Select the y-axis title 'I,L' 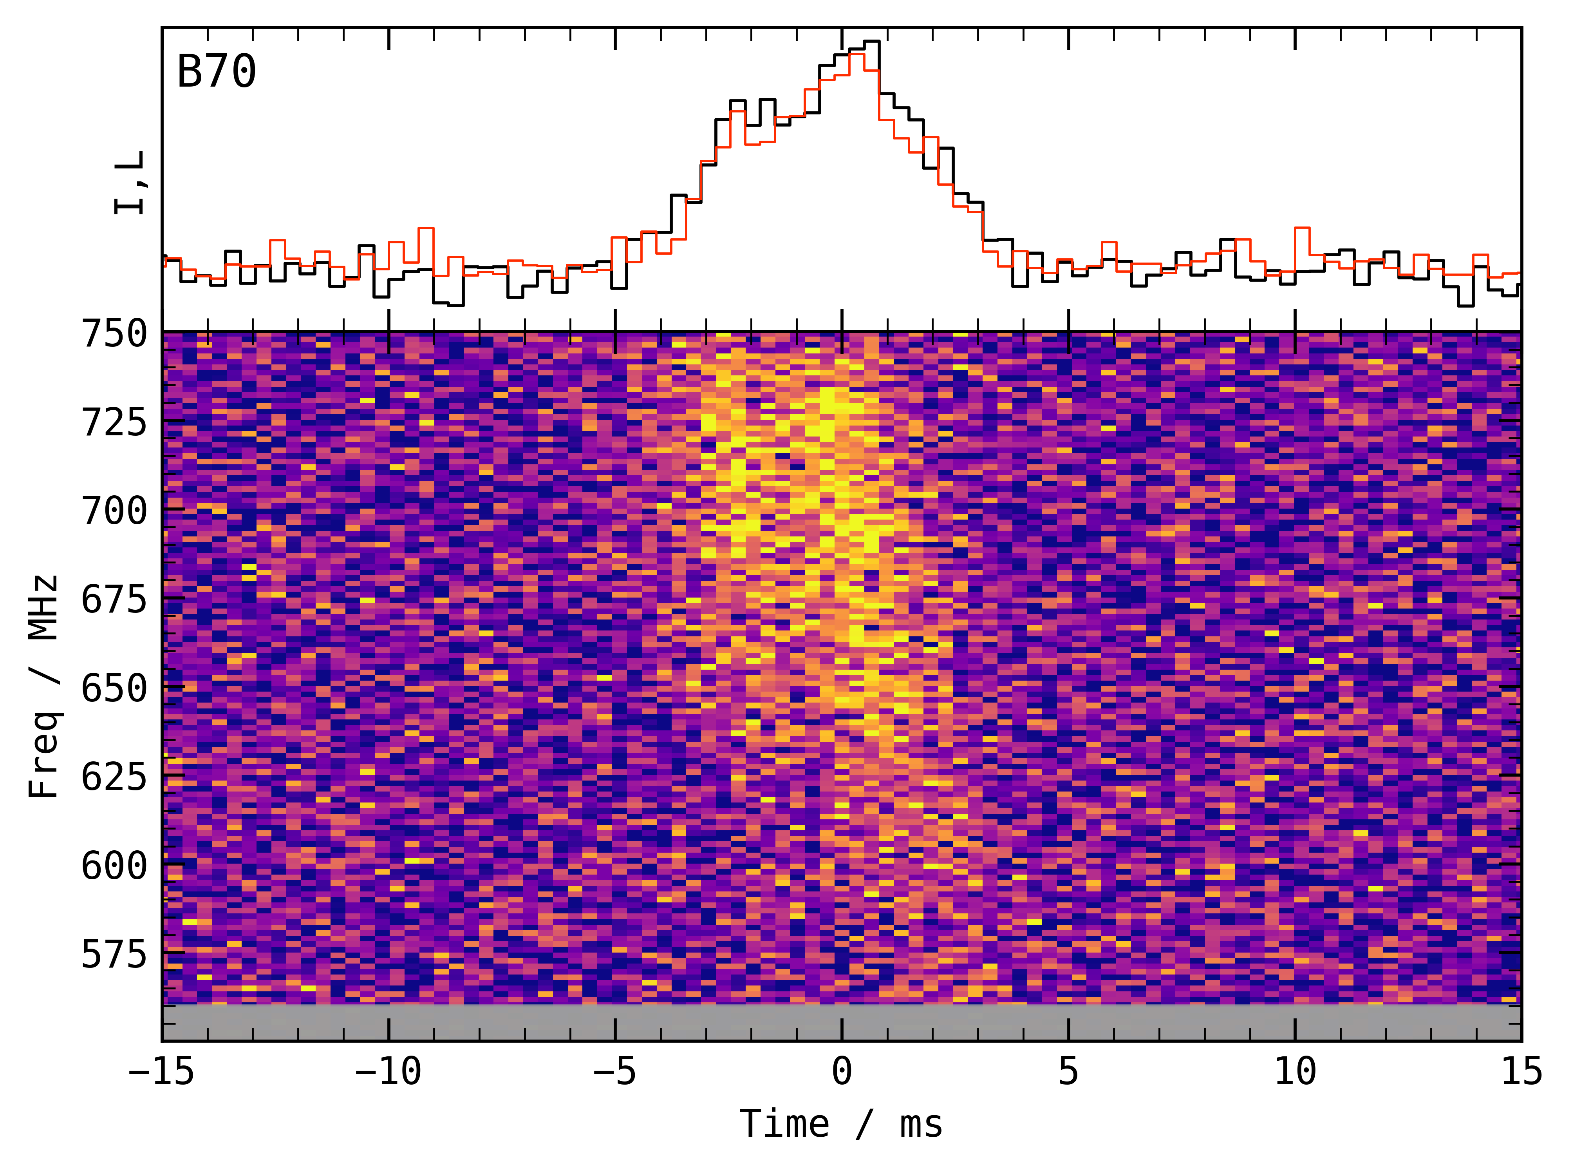point(130,183)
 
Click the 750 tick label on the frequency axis point(114,333)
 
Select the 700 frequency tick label point(114,511)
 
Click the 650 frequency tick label point(114,688)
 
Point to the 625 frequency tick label point(114,777)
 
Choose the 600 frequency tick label point(114,866)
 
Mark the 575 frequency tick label point(114,954)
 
